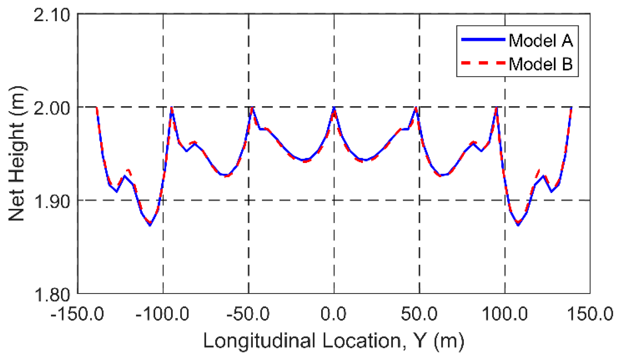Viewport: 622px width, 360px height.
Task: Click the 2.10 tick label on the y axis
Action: (51, 16)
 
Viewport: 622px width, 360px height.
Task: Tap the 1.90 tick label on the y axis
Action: (51, 202)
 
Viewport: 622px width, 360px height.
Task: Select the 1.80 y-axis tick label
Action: (51, 295)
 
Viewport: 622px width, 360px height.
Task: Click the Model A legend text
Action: (541, 40)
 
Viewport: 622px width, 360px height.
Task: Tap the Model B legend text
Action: (541, 64)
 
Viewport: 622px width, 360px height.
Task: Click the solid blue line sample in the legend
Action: (483, 40)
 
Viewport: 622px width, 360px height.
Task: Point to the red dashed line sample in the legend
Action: (483, 63)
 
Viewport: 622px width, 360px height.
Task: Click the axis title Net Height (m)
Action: (17, 154)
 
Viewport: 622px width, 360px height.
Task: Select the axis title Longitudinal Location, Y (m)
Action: (333, 340)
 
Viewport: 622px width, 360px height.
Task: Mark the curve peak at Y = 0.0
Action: (334, 108)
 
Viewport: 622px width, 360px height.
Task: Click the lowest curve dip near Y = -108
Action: (150, 224)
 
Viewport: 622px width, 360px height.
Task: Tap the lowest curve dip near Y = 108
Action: (518, 224)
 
